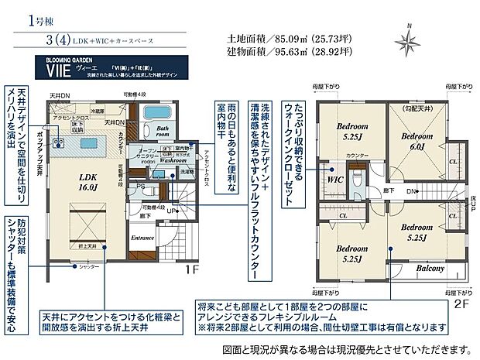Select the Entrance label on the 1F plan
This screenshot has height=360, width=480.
tap(144, 238)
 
